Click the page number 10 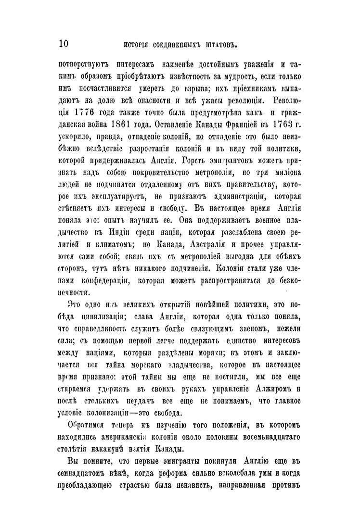tap(63, 45)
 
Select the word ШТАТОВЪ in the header tap(219, 46)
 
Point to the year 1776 tap(88, 127)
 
